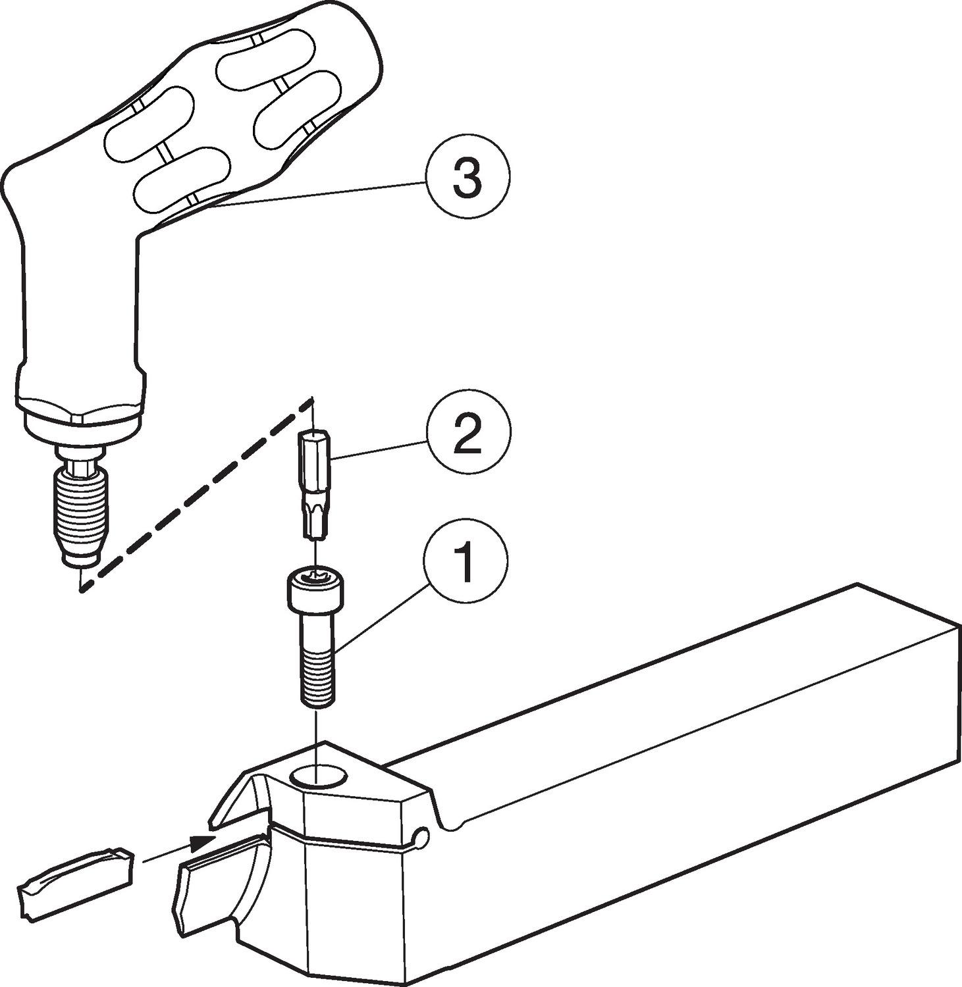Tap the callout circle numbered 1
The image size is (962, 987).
[x=466, y=559]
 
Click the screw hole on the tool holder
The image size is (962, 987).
[x=317, y=776]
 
